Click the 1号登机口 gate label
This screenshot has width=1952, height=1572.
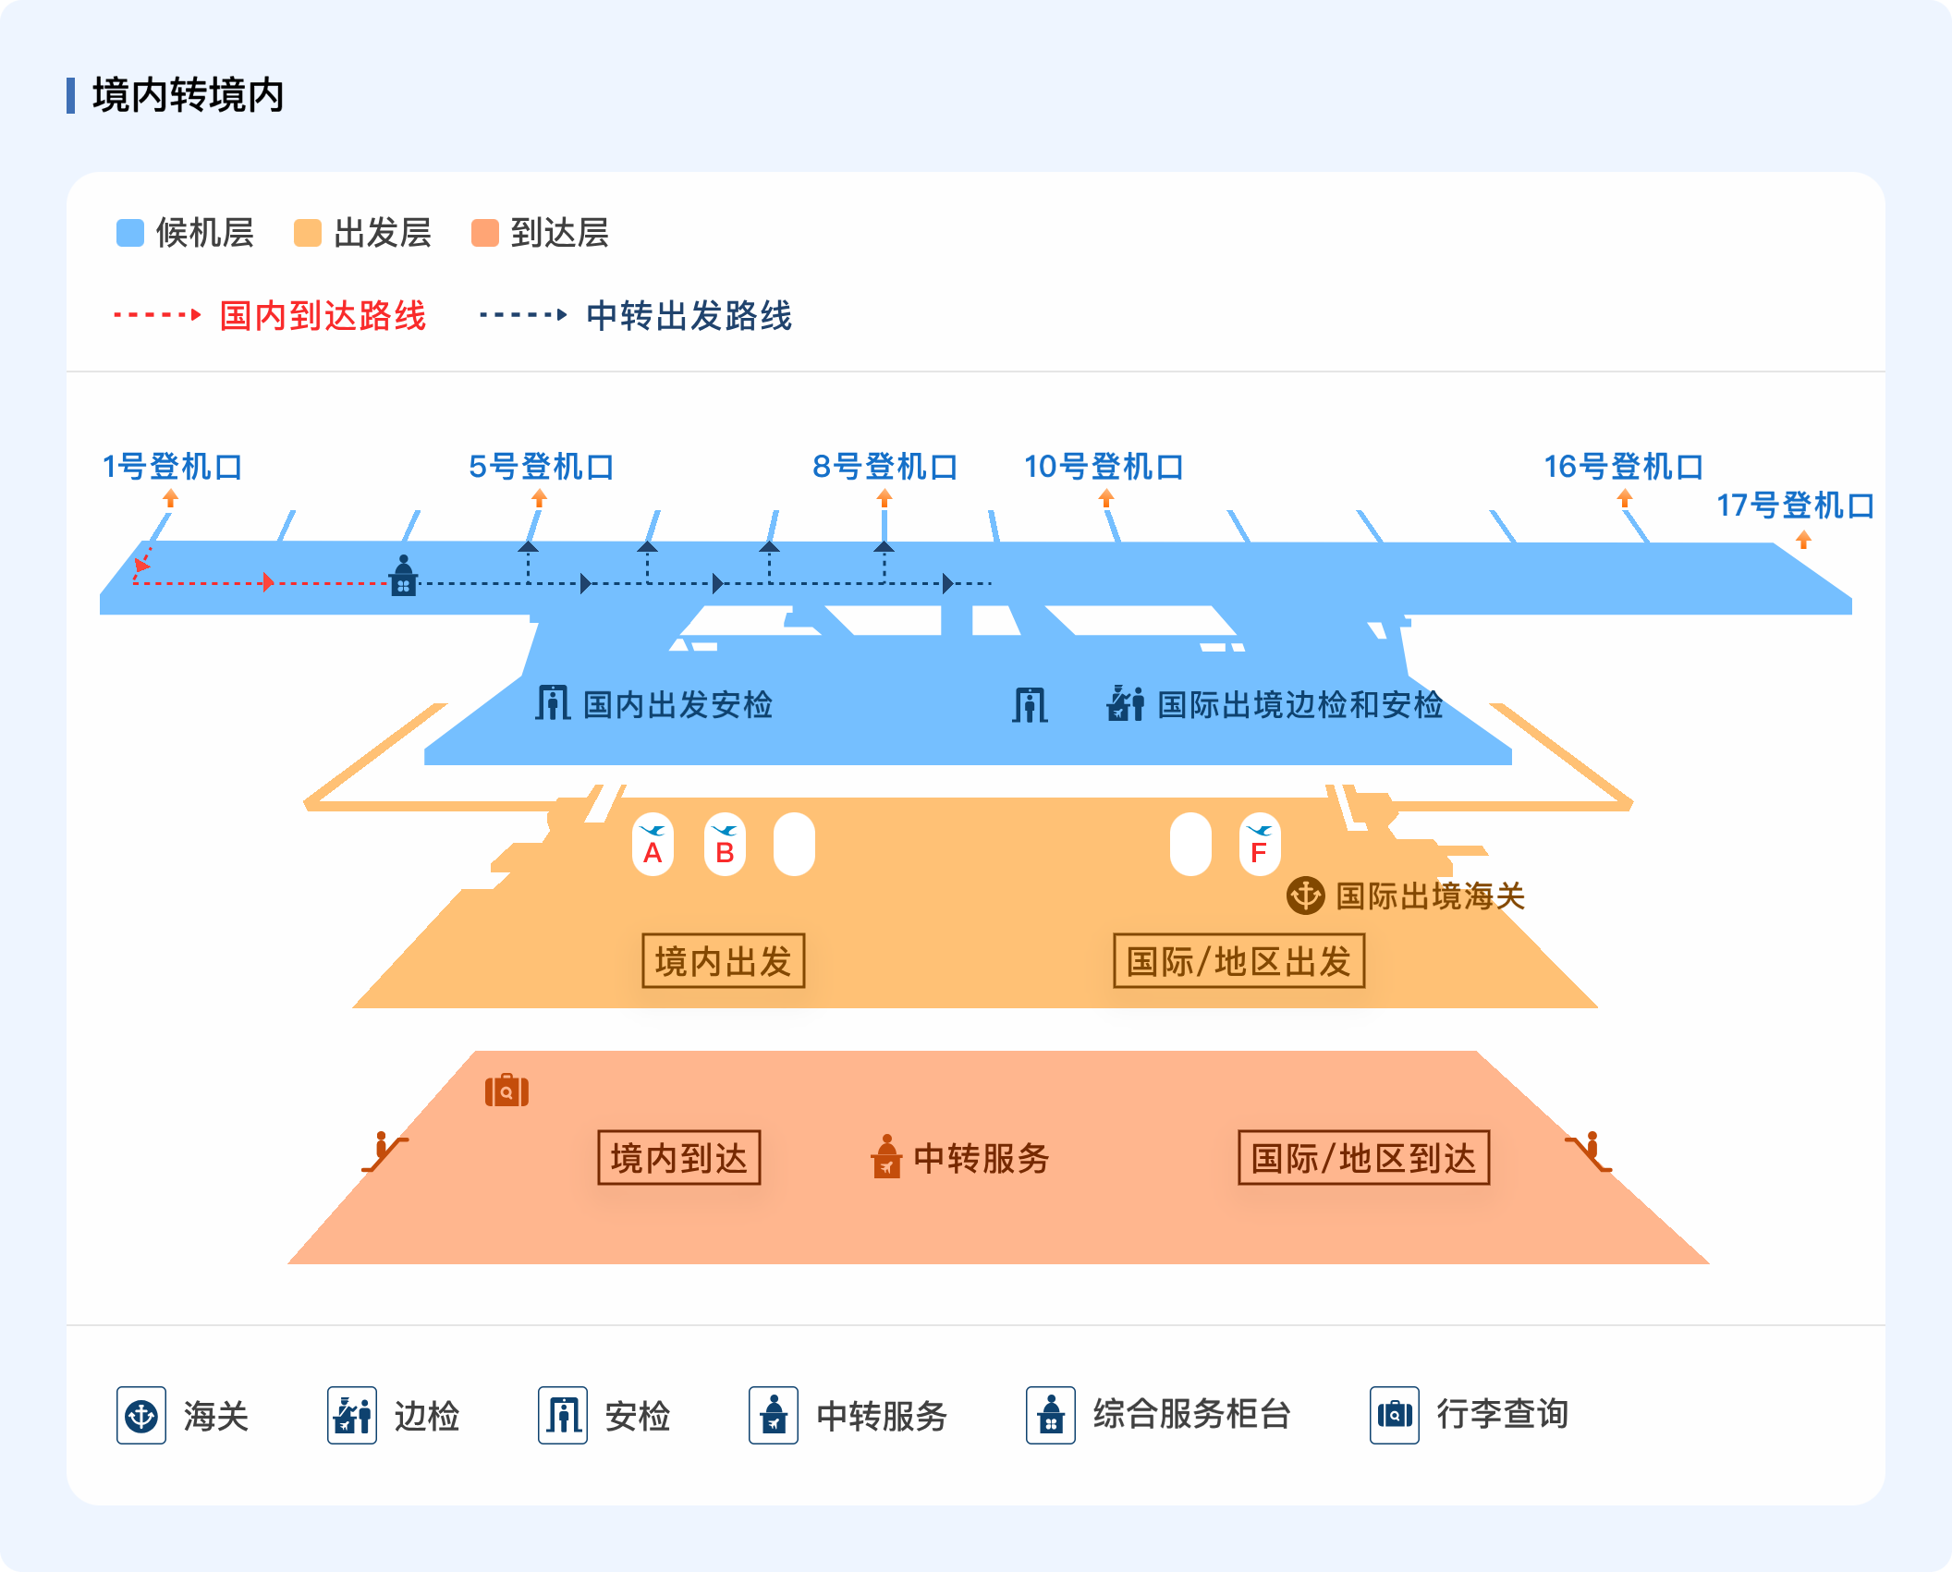172,467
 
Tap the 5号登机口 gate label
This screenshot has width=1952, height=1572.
542,467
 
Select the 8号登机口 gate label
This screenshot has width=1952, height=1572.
884,467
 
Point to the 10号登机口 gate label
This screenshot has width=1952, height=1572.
1104,467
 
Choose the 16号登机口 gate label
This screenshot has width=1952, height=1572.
1624,467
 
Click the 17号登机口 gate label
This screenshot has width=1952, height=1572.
1796,506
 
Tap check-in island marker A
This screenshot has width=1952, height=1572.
653,844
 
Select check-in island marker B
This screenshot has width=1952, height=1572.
725,844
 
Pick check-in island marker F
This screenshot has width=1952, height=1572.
1260,844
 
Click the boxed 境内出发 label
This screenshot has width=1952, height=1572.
724,961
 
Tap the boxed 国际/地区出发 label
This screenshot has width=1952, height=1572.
1239,961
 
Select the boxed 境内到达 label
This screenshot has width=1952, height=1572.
679,1157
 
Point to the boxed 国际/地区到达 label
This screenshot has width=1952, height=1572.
1364,1157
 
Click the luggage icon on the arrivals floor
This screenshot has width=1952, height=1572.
506,1091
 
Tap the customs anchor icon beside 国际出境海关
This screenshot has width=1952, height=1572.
1306,896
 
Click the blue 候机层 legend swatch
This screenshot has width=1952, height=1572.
130,233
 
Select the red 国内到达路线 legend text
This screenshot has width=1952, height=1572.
323,315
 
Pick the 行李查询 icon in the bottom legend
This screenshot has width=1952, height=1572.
1395,1415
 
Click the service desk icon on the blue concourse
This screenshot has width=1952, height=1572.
404,575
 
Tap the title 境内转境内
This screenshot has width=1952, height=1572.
188,95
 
